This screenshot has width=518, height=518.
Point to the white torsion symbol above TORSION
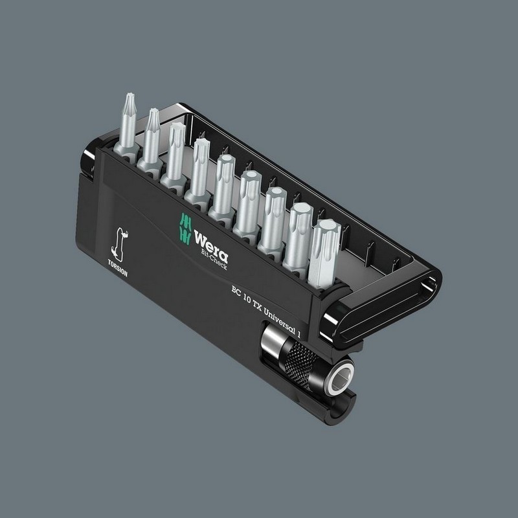[119, 243]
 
